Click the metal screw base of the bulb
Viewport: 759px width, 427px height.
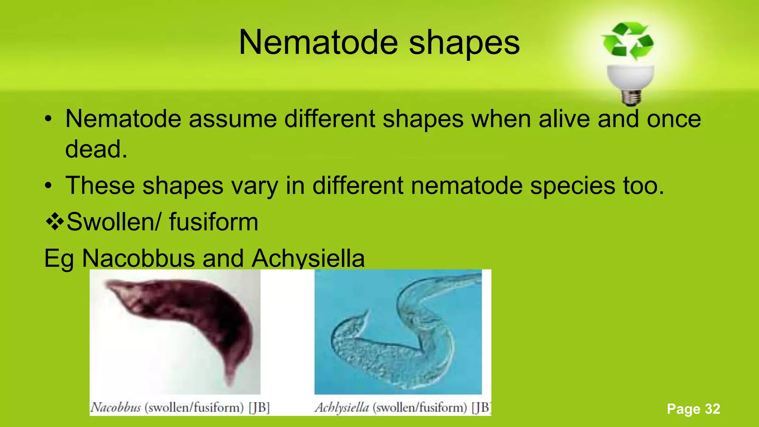point(631,97)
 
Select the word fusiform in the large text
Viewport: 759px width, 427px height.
point(213,222)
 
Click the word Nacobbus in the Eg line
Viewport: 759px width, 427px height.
point(138,258)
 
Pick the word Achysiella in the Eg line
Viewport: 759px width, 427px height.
point(308,259)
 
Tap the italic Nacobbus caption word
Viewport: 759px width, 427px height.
point(116,408)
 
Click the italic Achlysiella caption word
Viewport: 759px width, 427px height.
point(342,408)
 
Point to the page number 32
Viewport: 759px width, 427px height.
point(712,409)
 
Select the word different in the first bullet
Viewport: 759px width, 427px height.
point(330,119)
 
